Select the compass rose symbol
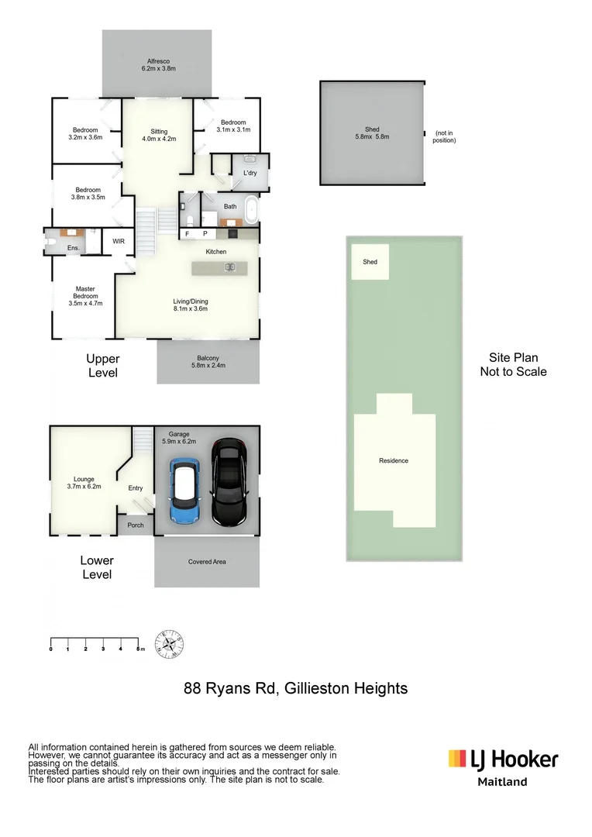170,644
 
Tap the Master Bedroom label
85,296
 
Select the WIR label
119,241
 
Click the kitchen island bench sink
229,267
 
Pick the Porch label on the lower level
135,525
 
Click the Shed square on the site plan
370,262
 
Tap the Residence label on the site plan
394,461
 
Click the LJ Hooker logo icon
457,758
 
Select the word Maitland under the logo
502,782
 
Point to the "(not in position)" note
445,136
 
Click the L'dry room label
250,173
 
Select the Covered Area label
207,562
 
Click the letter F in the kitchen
188,233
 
